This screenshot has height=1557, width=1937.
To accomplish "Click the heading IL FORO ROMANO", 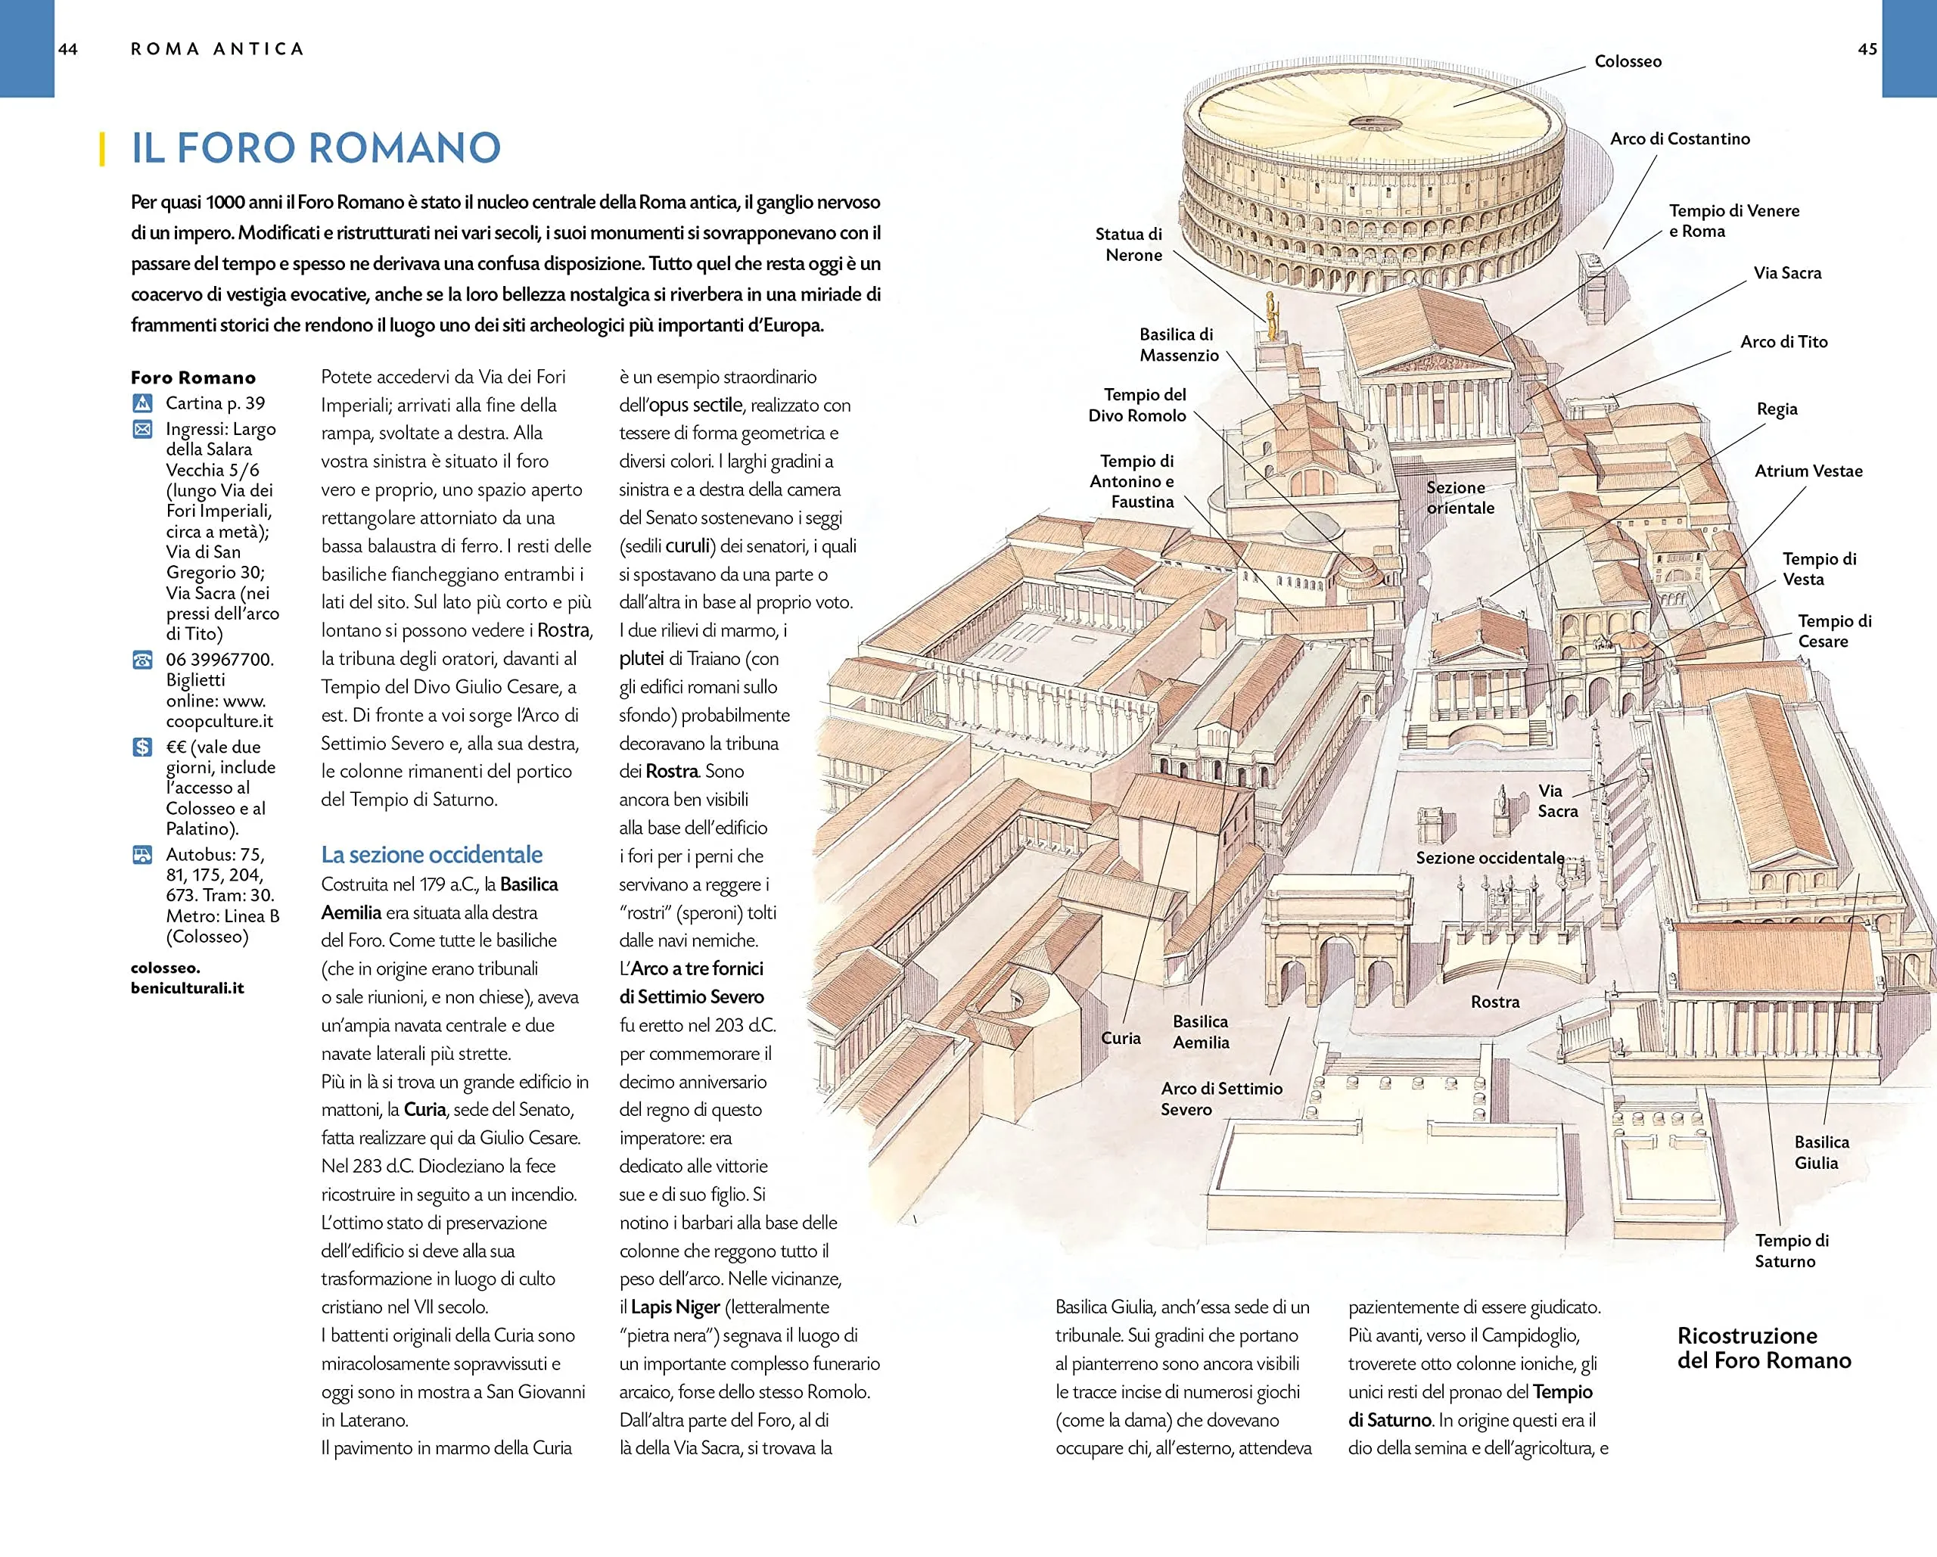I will click(x=316, y=148).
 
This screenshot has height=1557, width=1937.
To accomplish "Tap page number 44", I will click(x=68, y=49).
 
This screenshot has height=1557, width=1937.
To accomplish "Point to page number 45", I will click(x=1867, y=49).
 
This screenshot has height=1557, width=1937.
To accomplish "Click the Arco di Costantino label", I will click(x=1679, y=139).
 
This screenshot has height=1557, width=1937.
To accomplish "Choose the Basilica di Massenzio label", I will click(x=1178, y=345).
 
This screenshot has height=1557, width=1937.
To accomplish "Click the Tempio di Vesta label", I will click(x=1818, y=569).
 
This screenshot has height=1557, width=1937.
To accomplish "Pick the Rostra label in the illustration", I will click(x=1494, y=1002).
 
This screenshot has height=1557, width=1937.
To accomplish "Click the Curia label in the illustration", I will click(x=1121, y=1038).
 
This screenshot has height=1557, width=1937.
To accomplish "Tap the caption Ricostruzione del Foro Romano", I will click(x=1763, y=1347).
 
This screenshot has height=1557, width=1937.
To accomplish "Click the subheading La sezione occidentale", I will click(x=431, y=854).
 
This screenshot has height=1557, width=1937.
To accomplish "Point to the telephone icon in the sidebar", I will click(x=143, y=660).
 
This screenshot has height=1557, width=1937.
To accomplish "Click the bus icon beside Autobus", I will click(x=143, y=854).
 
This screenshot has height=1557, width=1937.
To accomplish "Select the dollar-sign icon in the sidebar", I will click(x=143, y=747).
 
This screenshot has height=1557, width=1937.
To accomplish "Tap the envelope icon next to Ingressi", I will click(x=143, y=430).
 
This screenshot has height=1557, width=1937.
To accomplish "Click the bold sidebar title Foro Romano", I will click(x=193, y=378).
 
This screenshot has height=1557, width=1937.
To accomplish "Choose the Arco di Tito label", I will click(x=1783, y=342).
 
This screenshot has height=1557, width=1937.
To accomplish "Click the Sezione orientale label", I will click(x=1459, y=498).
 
